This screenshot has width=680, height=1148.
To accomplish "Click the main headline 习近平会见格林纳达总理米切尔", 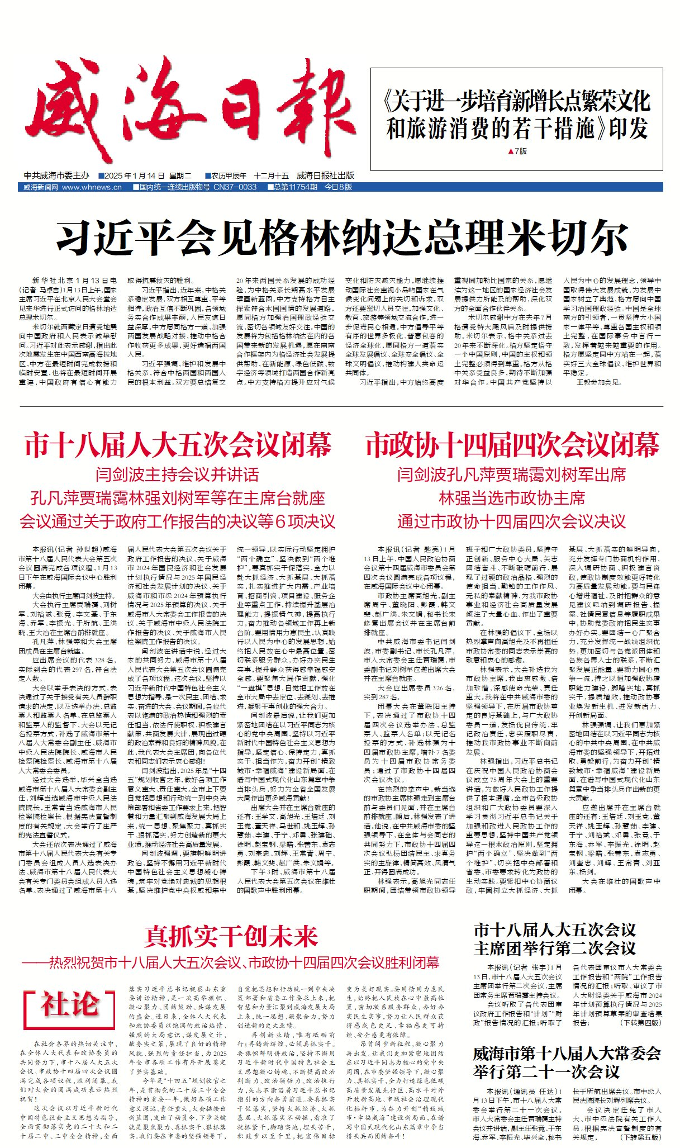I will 343,238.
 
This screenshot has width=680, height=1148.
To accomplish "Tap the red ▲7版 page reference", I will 517,151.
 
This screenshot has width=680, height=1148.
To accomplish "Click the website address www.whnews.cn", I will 92,187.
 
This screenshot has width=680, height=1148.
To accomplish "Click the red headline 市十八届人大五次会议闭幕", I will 178,445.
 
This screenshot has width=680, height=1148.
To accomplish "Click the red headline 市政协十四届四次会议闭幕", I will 512,445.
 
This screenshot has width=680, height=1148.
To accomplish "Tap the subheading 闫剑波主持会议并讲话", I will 178,475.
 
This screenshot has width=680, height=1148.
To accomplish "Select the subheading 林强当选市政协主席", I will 512,498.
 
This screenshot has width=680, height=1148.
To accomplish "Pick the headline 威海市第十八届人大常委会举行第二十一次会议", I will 567,1063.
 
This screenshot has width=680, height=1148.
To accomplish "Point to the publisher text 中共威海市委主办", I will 56,175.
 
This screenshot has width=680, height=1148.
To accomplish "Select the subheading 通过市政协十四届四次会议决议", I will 512,521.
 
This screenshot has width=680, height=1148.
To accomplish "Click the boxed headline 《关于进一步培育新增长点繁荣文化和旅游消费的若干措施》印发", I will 517,115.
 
